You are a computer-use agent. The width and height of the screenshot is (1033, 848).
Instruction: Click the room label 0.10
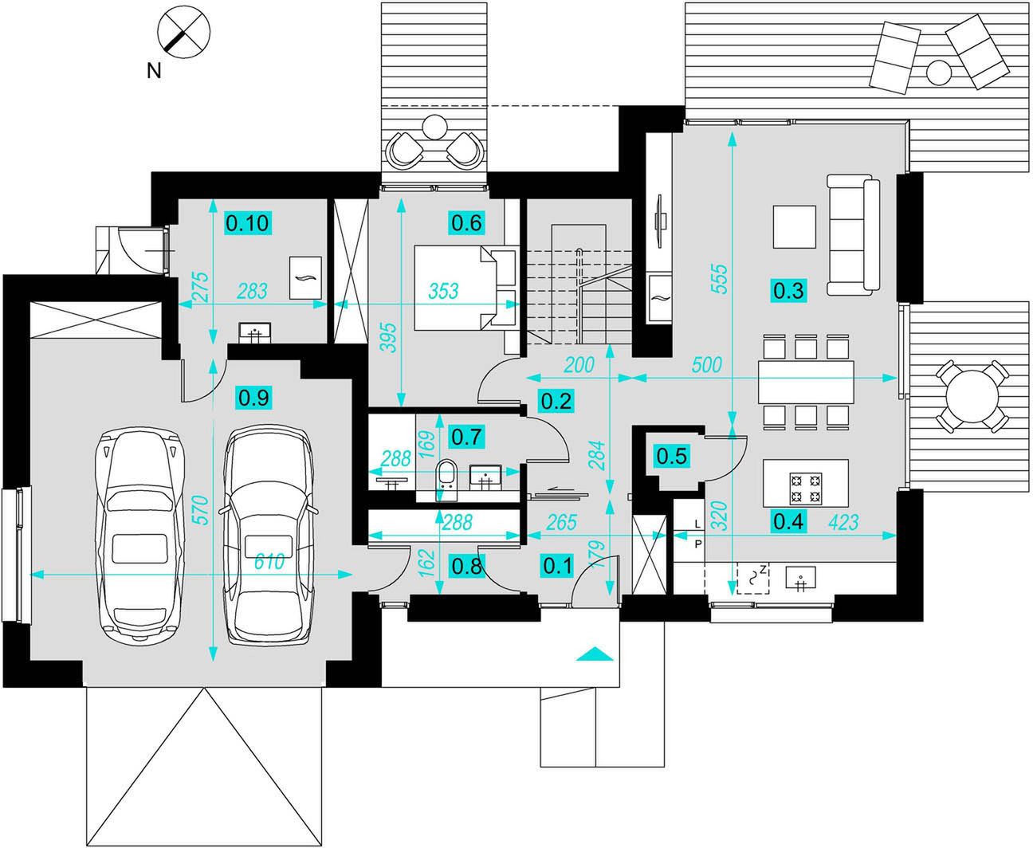(x=248, y=223)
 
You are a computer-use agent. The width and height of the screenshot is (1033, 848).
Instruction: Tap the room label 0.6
(x=466, y=223)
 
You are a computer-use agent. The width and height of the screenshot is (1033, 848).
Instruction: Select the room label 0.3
(x=788, y=291)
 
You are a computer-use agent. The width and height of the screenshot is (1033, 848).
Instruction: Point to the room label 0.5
(x=671, y=456)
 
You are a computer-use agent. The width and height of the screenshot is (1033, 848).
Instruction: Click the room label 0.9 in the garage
(x=253, y=398)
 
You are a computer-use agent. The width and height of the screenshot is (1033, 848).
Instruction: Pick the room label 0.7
(x=466, y=437)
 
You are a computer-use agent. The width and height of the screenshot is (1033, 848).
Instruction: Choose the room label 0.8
(x=467, y=566)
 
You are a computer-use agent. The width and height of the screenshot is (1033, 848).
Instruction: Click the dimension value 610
(x=269, y=561)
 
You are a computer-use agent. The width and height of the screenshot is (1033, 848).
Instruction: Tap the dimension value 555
(x=719, y=279)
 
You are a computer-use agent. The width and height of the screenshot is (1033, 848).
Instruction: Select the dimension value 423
(x=843, y=522)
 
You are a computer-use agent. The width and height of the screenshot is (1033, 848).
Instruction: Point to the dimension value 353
(x=443, y=291)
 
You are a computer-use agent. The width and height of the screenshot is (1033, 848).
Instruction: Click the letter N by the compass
(x=154, y=72)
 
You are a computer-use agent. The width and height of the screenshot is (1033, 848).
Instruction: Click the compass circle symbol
(x=183, y=33)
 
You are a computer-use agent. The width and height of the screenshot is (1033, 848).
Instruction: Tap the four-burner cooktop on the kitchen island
(x=806, y=489)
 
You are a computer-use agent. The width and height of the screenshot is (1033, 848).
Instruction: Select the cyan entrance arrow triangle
(x=595, y=654)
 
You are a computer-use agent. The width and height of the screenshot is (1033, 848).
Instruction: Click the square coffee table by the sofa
(x=795, y=227)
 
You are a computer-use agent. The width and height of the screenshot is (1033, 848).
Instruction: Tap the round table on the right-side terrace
(x=972, y=396)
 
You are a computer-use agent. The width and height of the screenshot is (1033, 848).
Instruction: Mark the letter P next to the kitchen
(x=698, y=544)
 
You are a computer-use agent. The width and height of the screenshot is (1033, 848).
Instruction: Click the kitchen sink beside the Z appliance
(x=801, y=577)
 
